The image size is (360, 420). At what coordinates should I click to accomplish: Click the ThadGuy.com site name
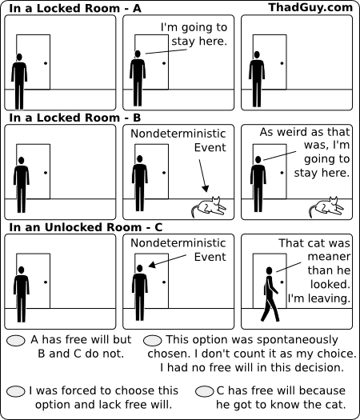(310, 7)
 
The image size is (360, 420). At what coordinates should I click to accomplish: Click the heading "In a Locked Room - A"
(75, 8)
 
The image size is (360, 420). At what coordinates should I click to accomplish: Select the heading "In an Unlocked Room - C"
(86, 227)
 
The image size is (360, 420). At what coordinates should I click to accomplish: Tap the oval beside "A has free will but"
(16, 341)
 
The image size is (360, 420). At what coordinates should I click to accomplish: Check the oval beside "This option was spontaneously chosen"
(153, 341)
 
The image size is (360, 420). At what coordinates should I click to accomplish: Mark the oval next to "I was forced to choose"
(16, 391)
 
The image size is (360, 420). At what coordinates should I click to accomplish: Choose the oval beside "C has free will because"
(205, 391)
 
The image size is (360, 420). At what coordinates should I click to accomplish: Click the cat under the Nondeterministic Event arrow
(209, 207)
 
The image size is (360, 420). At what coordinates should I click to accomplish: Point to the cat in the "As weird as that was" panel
(326, 207)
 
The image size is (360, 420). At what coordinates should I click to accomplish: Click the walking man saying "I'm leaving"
(270, 294)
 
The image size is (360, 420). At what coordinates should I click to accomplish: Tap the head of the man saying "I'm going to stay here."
(138, 54)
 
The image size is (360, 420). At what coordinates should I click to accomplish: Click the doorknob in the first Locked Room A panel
(46, 63)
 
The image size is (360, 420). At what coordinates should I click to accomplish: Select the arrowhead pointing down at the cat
(205, 188)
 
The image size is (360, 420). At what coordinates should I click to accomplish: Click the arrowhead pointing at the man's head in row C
(152, 265)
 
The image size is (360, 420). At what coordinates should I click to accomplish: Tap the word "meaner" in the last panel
(329, 256)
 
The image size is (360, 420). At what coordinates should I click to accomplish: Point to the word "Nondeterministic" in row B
(178, 134)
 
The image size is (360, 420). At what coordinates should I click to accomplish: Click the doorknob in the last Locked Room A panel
(282, 63)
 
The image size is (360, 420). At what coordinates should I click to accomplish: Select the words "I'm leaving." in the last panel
(319, 298)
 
